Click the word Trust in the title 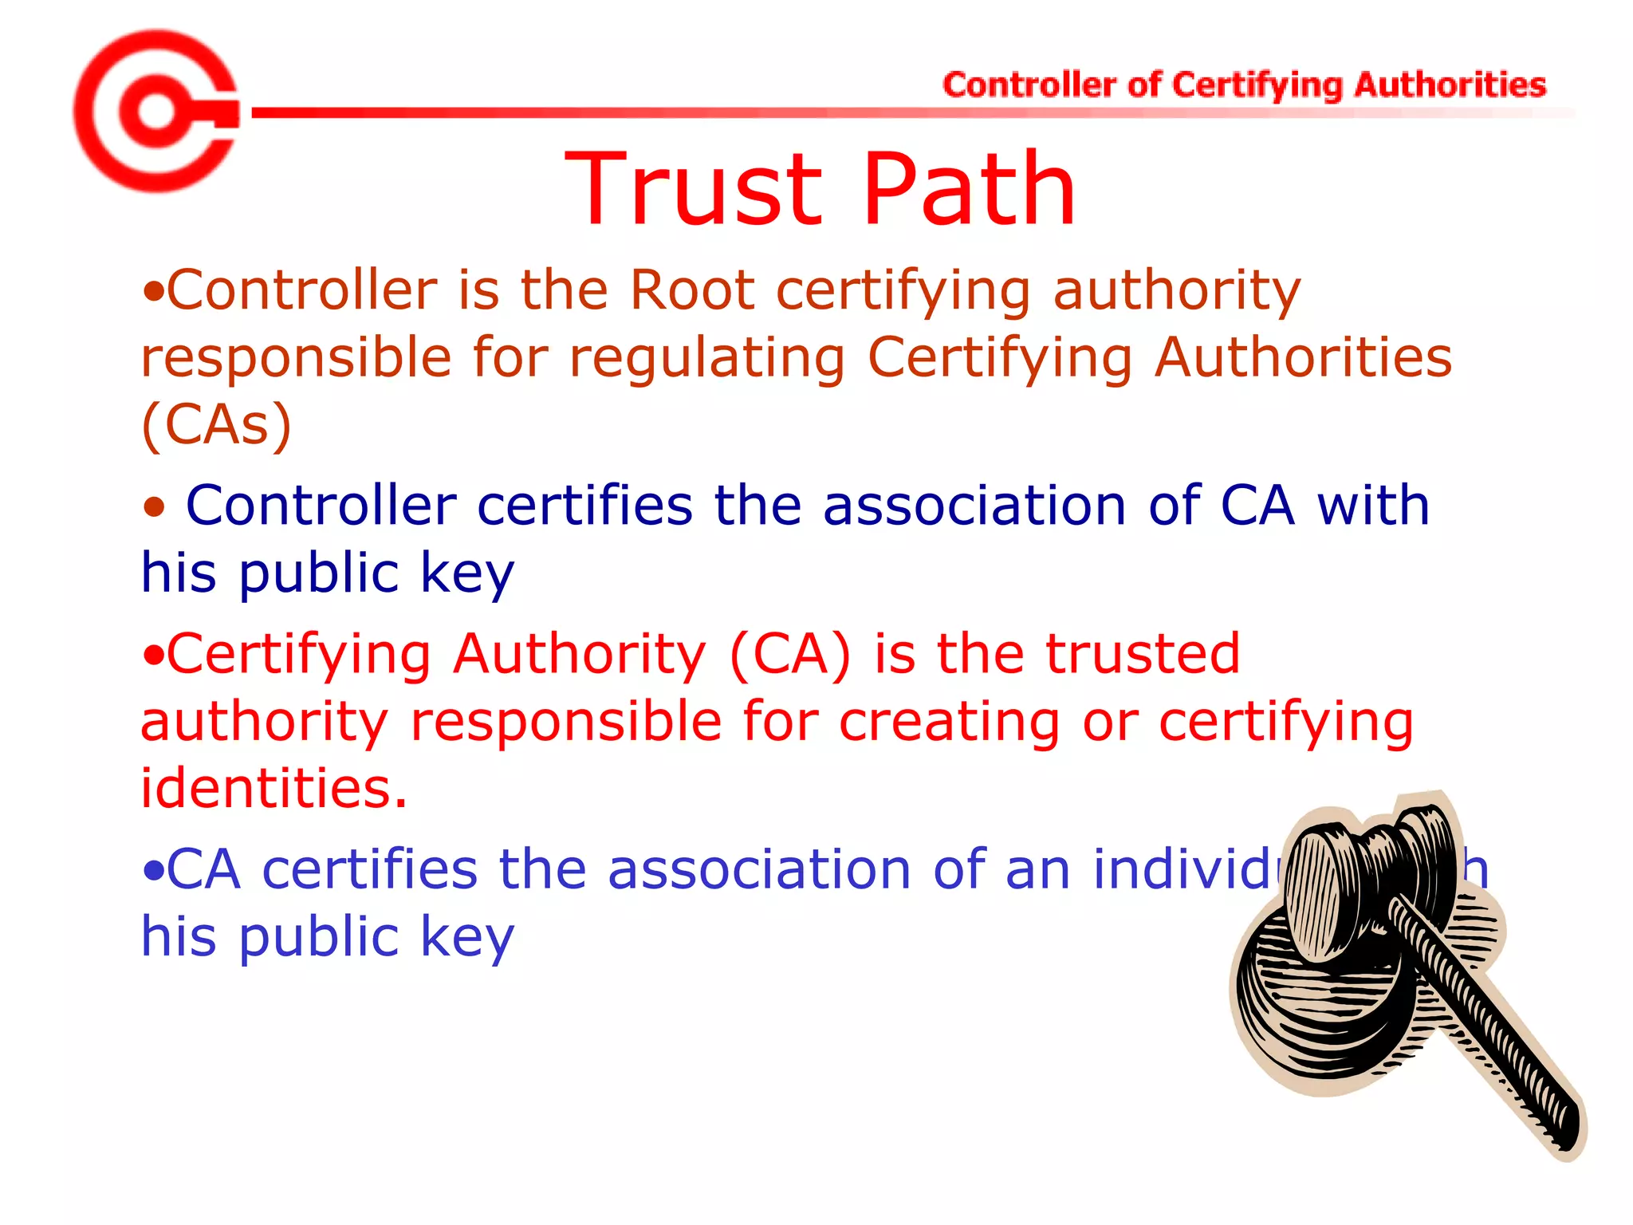point(694,191)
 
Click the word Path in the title point(969,191)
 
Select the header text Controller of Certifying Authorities point(1244,85)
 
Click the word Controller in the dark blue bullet point(321,506)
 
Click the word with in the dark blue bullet point(1373,506)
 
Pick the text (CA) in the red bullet point(790,654)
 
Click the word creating point(950,721)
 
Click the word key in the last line point(467,936)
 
